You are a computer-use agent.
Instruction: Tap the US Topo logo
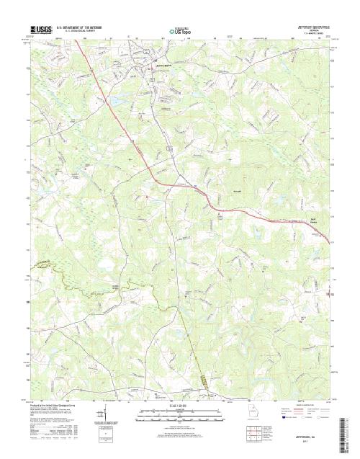click(181, 32)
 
